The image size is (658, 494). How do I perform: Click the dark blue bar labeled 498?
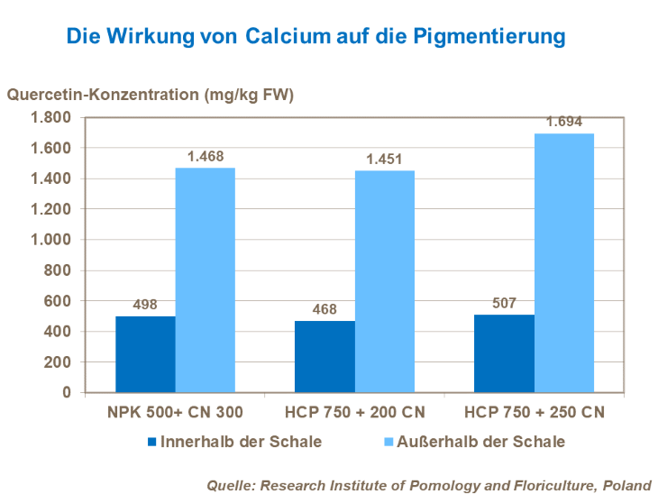(145, 354)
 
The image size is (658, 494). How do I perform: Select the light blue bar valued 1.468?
(205, 280)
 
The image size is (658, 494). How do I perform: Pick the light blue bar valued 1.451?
(384, 281)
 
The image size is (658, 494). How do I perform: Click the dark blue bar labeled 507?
(504, 353)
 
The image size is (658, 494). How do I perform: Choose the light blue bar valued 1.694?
(564, 263)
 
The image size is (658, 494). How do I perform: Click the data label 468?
(324, 309)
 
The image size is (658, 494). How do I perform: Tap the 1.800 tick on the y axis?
(50, 117)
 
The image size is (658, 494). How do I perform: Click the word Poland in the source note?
(627, 483)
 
